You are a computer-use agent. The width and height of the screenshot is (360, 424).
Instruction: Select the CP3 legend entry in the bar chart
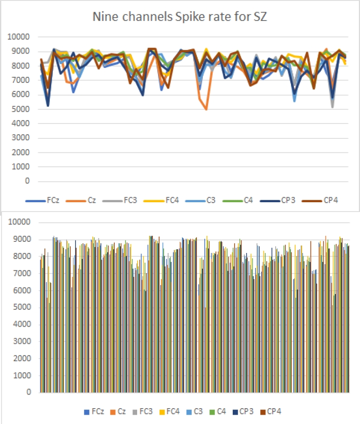247,411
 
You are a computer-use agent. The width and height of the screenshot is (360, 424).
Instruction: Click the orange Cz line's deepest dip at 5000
206,109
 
